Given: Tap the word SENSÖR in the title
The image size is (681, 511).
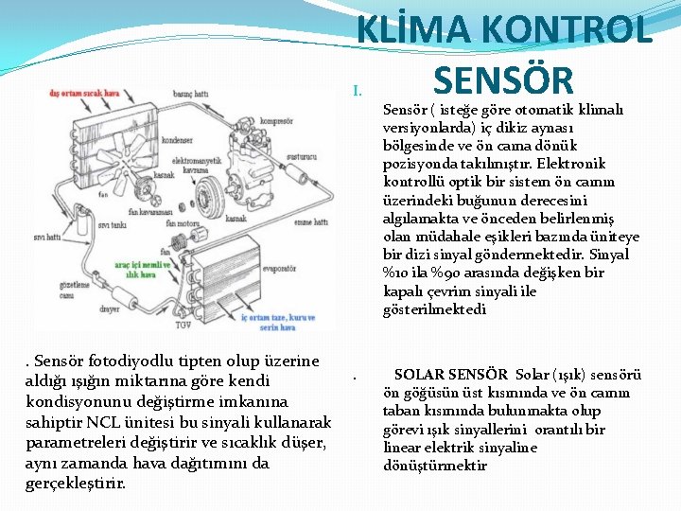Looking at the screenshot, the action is [x=501, y=79].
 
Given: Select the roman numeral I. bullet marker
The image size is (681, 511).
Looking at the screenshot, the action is [x=358, y=91].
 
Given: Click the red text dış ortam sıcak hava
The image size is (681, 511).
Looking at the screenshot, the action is [x=84, y=94].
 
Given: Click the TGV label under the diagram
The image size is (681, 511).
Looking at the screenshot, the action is [x=182, y=323].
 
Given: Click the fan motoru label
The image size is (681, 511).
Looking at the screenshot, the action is [x=182, y=223].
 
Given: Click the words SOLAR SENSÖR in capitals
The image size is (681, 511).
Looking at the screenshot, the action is [x=451, y=375].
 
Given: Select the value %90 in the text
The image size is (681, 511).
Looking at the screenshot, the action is [x=439, y=273].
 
